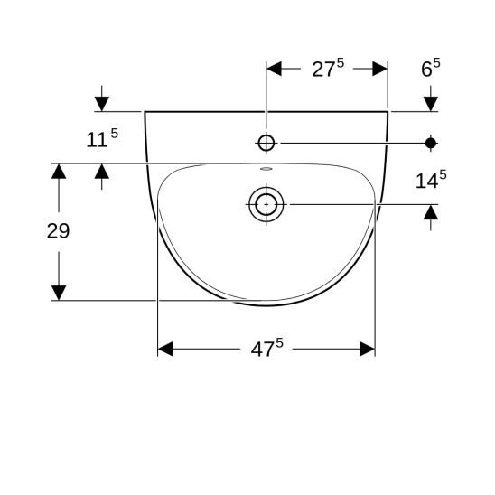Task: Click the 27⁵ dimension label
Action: pos(328,69)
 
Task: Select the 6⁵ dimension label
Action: pos(431,68)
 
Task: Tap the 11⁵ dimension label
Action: pos(102,138)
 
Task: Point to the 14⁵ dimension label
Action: pos(431,180)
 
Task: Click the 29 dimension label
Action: pos(58,230)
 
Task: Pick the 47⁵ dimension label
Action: pos(267,348)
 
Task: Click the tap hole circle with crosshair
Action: pos(266,143)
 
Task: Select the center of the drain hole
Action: pos(266,204)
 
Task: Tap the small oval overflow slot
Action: pos(266,169)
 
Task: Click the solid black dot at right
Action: pos(431,143)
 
